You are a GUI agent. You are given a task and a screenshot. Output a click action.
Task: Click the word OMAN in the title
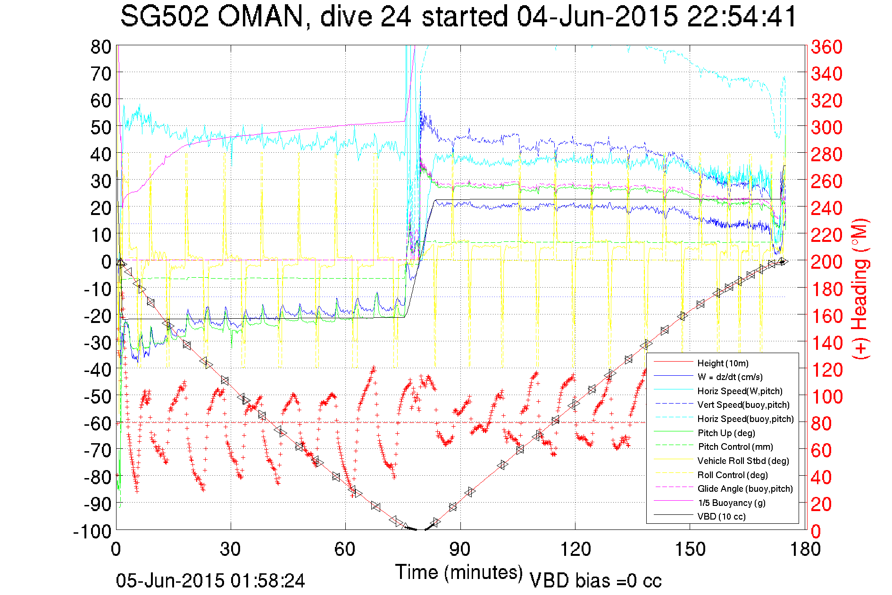260,17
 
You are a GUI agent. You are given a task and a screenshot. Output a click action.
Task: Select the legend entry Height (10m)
723,363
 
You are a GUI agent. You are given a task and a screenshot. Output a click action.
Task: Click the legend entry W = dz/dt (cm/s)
730,377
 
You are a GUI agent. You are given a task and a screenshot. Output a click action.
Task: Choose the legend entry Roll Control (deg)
732,475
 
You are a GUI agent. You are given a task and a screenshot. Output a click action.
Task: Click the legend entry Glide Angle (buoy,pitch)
745,488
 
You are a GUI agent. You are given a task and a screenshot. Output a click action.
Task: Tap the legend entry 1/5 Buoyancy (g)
731,503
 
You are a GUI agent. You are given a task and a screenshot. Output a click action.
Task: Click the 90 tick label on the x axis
459,549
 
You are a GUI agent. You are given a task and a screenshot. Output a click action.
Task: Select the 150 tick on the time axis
690,549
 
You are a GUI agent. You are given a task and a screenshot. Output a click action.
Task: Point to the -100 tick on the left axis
92,531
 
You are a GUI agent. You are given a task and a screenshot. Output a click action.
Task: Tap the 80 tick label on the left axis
100,47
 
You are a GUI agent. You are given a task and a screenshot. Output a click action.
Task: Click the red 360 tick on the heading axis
826,47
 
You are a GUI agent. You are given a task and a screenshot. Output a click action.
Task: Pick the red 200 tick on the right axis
826,262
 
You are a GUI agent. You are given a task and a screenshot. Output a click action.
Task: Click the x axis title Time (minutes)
459,572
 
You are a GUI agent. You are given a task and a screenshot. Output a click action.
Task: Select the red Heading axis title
860,289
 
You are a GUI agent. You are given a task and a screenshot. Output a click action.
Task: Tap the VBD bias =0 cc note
595,580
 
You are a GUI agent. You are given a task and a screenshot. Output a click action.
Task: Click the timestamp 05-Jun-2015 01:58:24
210,580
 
